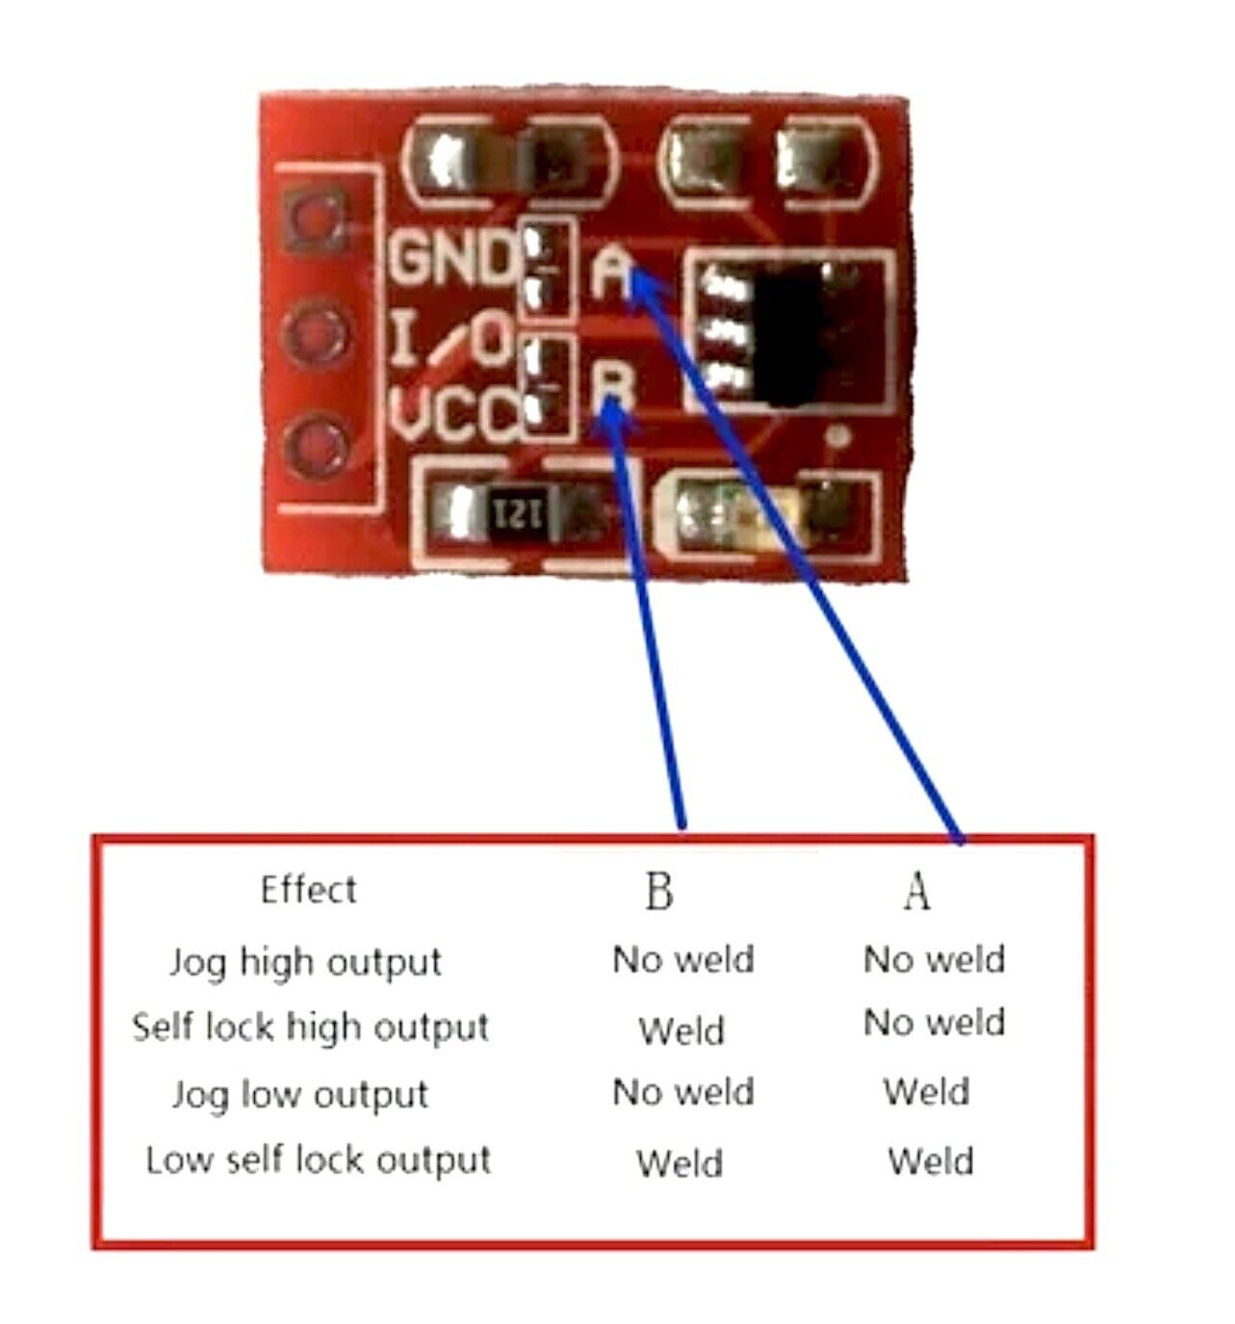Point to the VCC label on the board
pos(454,417)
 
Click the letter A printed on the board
pos(611,273)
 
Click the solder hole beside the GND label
pos(315,220)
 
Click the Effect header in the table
pos(308,890)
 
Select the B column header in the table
pos(659,891)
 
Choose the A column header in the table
pos(916,891)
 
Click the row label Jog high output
pos(305,962)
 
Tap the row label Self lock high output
pos(310,1027)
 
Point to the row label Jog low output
pos(299,1094)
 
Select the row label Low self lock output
pos(318,1160)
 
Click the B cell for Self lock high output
pos(681,1031)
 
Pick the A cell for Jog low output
pos(926,1092)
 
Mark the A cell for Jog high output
pos(934,959)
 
